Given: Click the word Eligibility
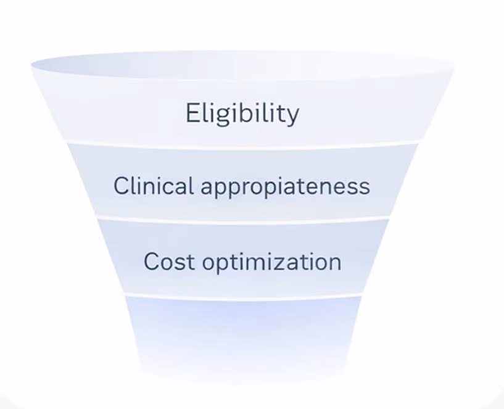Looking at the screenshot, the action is coord(242,114).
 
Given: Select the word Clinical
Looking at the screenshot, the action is coord(154,186).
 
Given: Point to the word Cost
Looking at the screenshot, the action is coord(169,262).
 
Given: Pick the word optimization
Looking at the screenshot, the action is coord(271,263).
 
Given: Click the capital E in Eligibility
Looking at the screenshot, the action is coord(192,113).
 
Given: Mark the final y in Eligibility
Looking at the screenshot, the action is coord(292,117).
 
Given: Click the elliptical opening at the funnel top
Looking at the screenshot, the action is coord(242,65).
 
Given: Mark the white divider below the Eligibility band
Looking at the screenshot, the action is coord(242,146).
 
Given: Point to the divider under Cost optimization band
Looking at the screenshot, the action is coord(242,297).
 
